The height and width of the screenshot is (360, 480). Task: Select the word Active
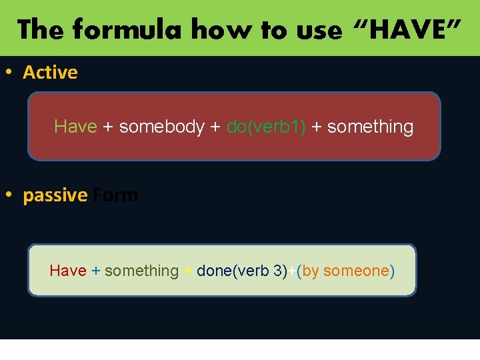(x=50, y=72)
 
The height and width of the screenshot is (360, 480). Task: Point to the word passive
(x=55, y=195)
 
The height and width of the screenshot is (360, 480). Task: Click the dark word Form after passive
(x=115, y=195)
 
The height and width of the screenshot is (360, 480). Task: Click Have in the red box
(x=75, y=127)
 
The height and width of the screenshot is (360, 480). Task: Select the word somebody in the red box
(x=162, y=127)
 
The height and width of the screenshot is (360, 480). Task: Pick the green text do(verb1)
(x=266, y=127)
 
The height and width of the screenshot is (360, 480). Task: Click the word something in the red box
(x=370, y=127)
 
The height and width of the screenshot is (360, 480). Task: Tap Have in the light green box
(x=68, y=271)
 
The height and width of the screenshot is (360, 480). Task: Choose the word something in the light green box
(x=141, y=271)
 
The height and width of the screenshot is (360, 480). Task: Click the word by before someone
(x=311, y=271)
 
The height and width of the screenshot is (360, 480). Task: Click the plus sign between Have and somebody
(x=108, y=127)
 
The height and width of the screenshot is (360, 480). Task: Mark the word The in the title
(x=41, y=30)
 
